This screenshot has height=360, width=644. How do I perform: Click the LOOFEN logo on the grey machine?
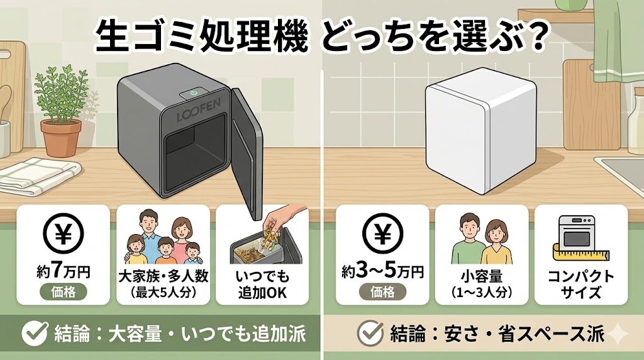[x=199, y=110]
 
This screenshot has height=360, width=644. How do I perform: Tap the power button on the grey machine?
[x=194, y=93]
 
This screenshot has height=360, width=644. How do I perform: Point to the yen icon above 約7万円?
[x=64, y=233]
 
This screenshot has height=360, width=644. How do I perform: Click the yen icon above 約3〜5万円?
[x=382, y=233]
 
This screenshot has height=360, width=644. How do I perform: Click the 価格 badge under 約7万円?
[x=64, y=292]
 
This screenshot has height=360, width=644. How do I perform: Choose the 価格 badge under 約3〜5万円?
[x=382, y=292]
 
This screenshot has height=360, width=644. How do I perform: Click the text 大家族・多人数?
[x=163, y=276]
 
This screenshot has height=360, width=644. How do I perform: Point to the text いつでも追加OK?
[x=262, y=284]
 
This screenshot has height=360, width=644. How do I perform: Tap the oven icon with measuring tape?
[x=580, y=239]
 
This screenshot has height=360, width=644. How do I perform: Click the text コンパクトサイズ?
[x=580, y=284]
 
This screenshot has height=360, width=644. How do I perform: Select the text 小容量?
[x=481, y=276]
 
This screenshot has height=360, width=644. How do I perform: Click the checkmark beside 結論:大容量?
[x=35, y=332]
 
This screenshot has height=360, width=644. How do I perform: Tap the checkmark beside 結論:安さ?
[x=370, y=332]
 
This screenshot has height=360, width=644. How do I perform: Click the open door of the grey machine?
[x=247, y=155]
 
